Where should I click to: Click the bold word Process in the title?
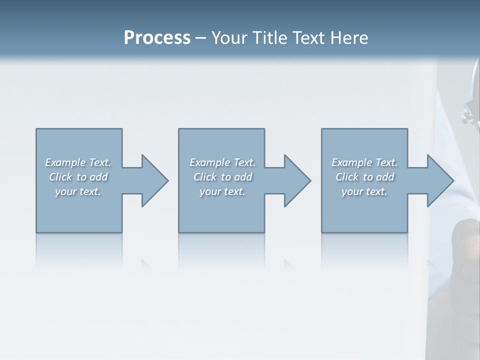pyautogui.click(x=157, y=38)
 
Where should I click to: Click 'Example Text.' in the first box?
pyautogui.click(x=78, y=162)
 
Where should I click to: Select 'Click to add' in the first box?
pyautogui.click(x=78, y=177)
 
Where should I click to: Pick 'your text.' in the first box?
pyautogui.click(x=78, y=191)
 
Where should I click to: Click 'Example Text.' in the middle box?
pyautogui.click(x=222, y=162)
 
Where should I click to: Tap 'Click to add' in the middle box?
pyautogui.click(x=222, y=177)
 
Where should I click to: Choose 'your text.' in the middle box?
pyautogui.click(x=222, y=191)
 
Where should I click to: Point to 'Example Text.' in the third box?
pyautogui.click(x=364, y=162)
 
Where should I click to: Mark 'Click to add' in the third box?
pyautogui.click(x=364, y=177)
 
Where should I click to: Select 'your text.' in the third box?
pyautogui.click(x=364, y=191)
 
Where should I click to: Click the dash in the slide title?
pyautogui.click(x=200, y=38)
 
